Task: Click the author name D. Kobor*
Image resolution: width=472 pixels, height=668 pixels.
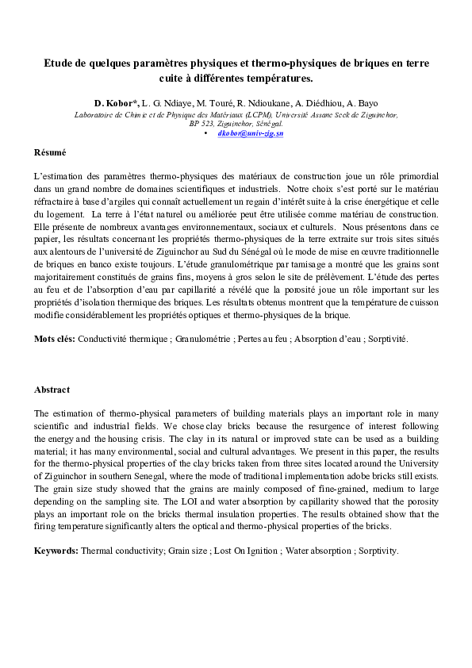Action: [x=117, y=104]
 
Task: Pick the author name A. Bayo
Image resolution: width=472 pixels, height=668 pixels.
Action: [x=362, y=104]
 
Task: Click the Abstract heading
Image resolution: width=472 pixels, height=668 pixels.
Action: [x=52, y=390]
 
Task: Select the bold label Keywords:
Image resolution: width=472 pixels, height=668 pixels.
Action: [x=56, y=551]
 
